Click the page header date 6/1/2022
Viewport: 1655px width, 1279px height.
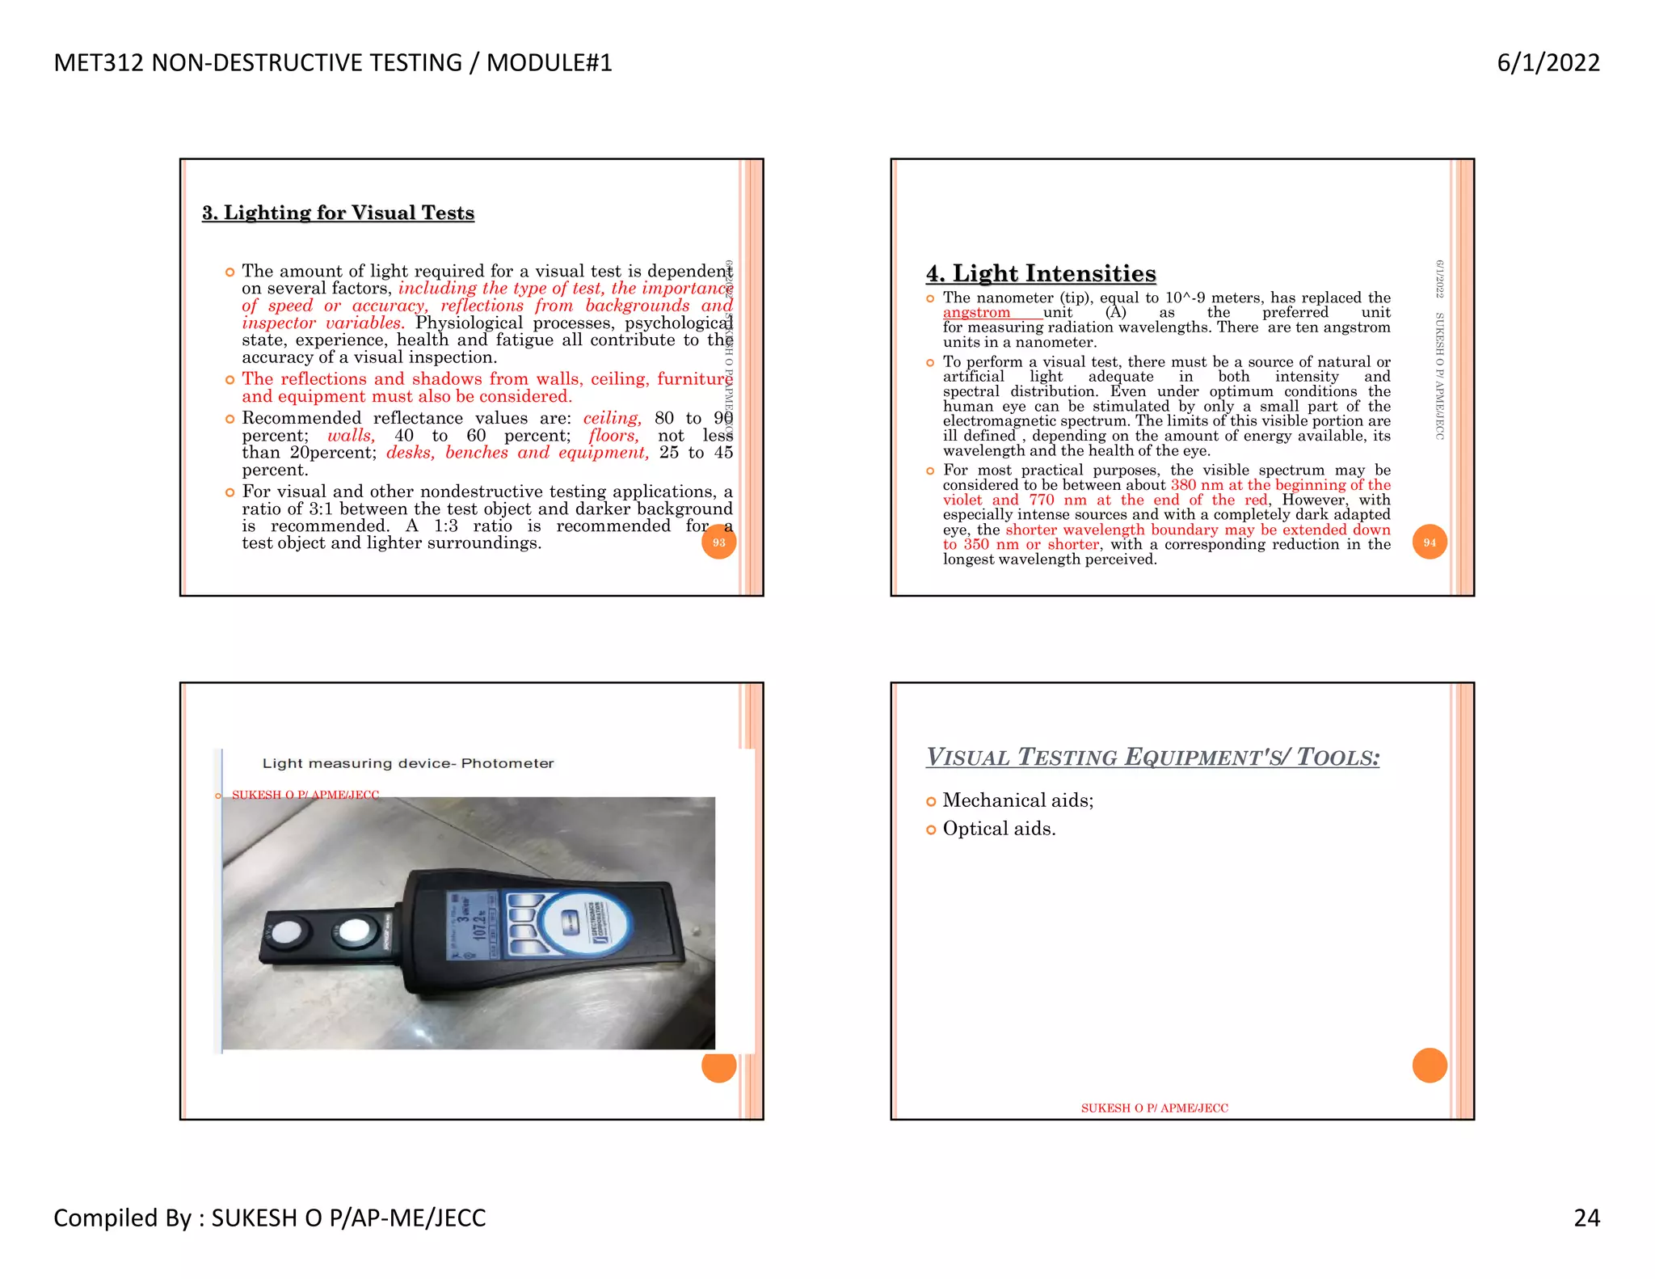(1548, 63)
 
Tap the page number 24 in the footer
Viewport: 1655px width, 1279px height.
(1586, 1218)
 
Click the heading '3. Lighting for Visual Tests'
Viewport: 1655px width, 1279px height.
(338, 213)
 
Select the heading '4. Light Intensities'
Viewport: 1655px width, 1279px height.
(1041, 273)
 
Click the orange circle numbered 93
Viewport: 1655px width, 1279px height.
(718, 542)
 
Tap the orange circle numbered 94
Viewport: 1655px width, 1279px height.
(1429, 542)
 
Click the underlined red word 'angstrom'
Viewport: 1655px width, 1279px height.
(976, 313)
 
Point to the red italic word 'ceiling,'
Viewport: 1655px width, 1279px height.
(612, 418)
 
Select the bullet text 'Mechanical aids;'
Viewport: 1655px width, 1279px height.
(1017, 800)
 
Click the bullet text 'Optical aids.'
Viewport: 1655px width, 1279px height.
(999, 829)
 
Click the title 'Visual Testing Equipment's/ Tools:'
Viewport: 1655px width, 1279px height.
(1152, 758)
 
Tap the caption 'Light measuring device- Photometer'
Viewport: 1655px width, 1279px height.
(408, 763)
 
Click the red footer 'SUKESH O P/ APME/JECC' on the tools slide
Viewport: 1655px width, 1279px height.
(1154, 1108)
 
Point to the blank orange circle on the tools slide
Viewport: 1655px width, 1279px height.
(1429, 1066)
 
